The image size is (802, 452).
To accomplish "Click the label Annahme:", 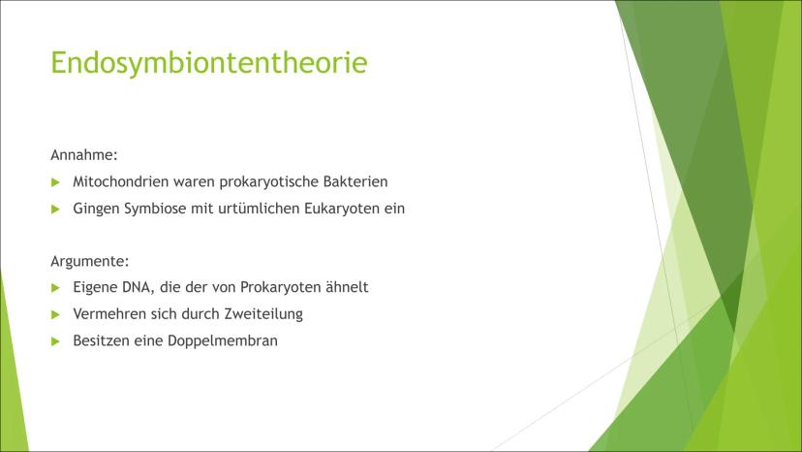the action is coord(84,155).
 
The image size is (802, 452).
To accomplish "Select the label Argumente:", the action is coord(89,261).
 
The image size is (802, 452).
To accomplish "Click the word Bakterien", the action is coord(355,181).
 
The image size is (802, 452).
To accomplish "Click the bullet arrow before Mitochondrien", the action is coord(56,182).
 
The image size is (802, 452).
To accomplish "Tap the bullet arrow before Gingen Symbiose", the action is coord(56,210).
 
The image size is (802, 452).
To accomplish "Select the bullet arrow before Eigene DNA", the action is coord(56,288).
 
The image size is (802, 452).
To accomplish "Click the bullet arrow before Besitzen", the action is coord(56,341).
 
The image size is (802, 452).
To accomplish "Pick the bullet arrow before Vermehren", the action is coord(56,314).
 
